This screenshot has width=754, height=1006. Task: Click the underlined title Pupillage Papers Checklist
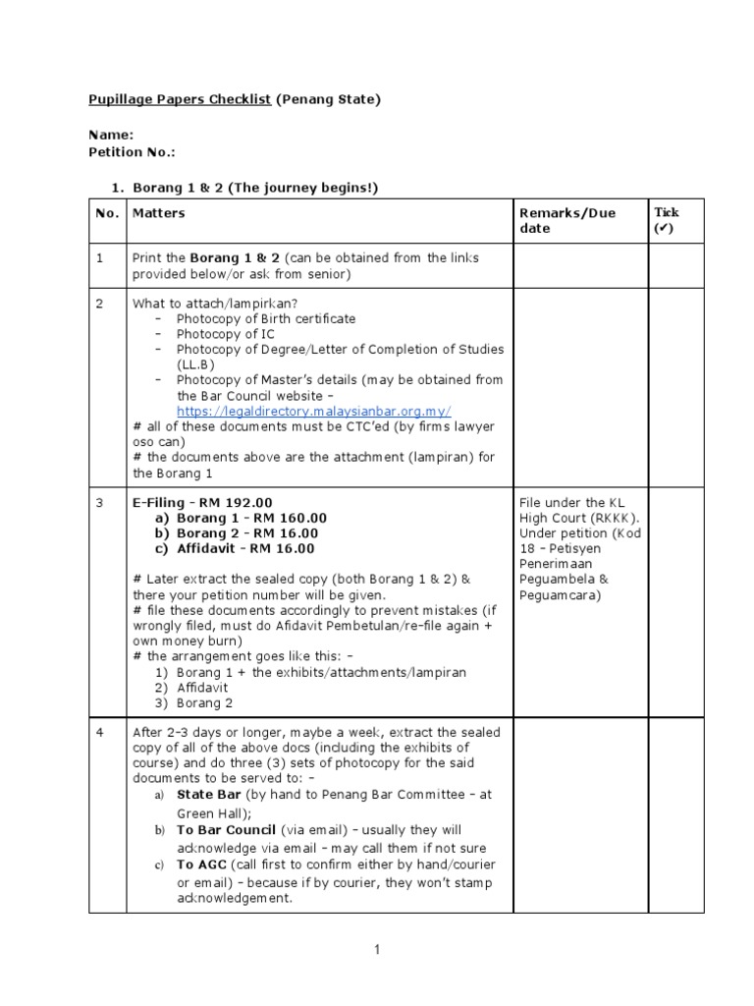[180, 99]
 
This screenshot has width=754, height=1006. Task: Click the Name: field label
[111, 135]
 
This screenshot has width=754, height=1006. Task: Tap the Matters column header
[158, 212]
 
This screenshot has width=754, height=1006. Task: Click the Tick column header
[667, 220]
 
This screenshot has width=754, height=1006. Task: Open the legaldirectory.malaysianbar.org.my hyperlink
[313, 411]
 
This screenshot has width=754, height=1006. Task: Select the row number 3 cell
[99, 503]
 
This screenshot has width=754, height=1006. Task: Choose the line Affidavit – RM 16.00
[245, 548]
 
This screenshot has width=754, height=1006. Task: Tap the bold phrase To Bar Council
[227, 830]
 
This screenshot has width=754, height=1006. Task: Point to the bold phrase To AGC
[199, 865]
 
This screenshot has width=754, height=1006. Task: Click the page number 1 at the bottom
[376, 949]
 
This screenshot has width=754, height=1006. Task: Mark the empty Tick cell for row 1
[675, 265]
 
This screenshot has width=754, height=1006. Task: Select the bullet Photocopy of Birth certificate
[266, 318]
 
